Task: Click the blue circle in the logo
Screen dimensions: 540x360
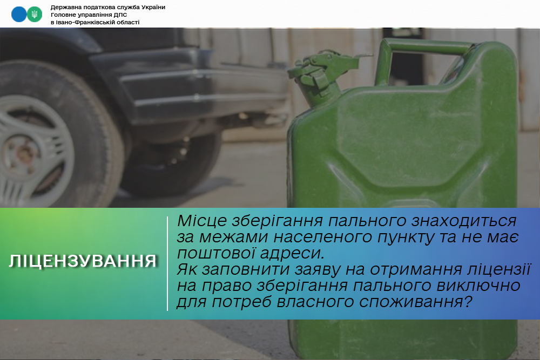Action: coord(18,15)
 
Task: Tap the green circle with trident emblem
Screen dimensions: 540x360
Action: coord(35,15)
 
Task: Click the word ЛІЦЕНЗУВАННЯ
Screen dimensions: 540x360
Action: coord(83,261)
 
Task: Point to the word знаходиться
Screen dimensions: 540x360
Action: coord(464,221)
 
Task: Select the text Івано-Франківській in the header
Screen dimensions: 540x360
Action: coord(83,22)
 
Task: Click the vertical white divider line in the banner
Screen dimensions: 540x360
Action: coord(167,263)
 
